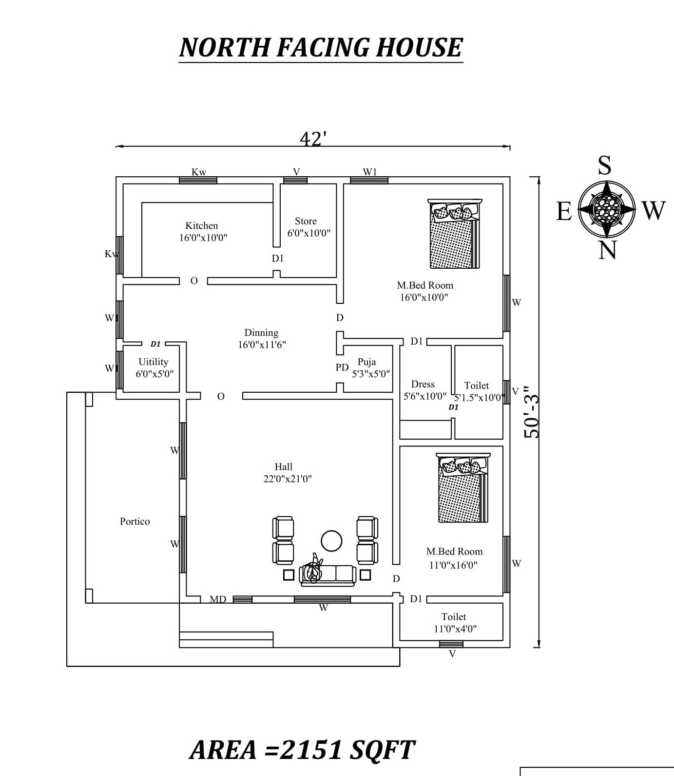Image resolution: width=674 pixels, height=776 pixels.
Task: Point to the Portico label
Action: coord(135,521)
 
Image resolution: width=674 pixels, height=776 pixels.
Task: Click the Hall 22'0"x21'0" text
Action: coord(287,473)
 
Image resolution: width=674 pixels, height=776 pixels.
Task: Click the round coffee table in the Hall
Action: coord(331,541)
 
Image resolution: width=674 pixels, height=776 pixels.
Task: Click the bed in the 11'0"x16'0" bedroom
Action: coord(462,488)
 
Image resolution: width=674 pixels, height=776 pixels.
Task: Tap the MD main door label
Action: coord(218,599)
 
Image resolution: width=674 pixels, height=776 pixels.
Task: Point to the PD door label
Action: coord(342,367)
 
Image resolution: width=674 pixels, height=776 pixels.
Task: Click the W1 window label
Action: coord(370,172)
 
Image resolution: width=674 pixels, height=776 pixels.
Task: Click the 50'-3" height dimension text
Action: coord(532,412)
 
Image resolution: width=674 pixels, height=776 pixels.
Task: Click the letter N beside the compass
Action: coord(607,250)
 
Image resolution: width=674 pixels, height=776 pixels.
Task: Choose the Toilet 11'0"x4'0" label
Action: coord(454,623)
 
